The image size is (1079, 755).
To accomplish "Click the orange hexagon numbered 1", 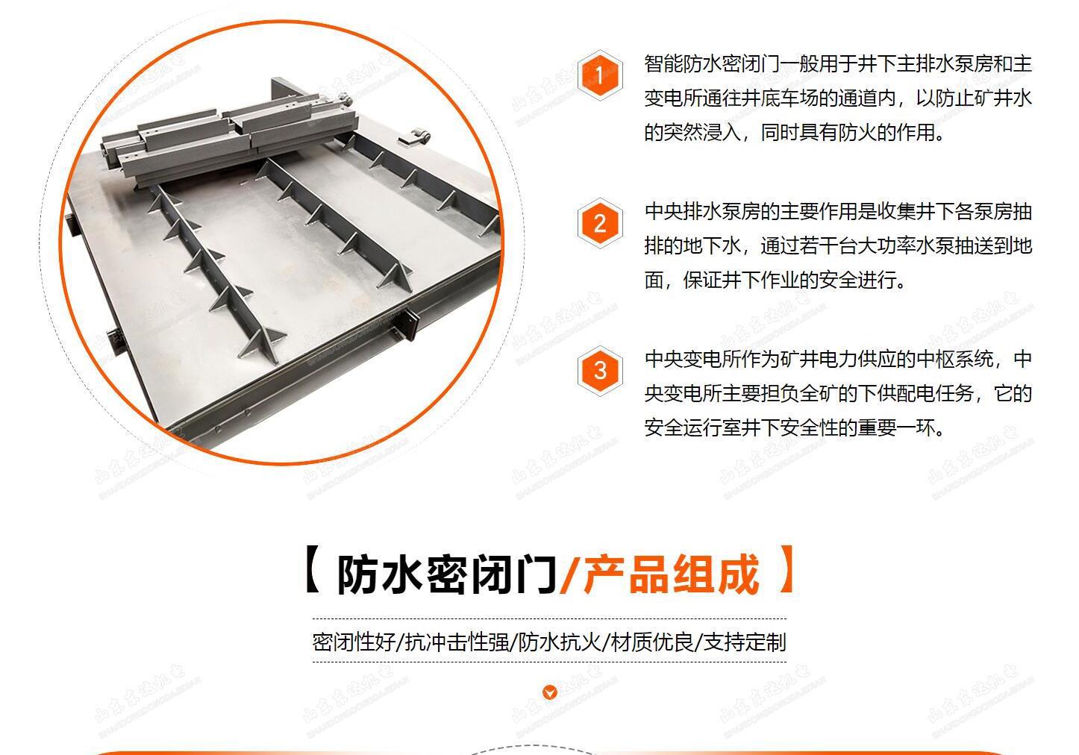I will point(600,75).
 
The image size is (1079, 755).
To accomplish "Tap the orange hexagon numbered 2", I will point(600,223).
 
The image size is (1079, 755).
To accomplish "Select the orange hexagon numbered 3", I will point(600,370).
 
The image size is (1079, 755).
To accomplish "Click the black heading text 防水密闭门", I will point(446,574).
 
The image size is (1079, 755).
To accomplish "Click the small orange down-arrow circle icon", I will point(550,692).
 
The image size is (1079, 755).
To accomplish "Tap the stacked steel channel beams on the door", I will point(224,134).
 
